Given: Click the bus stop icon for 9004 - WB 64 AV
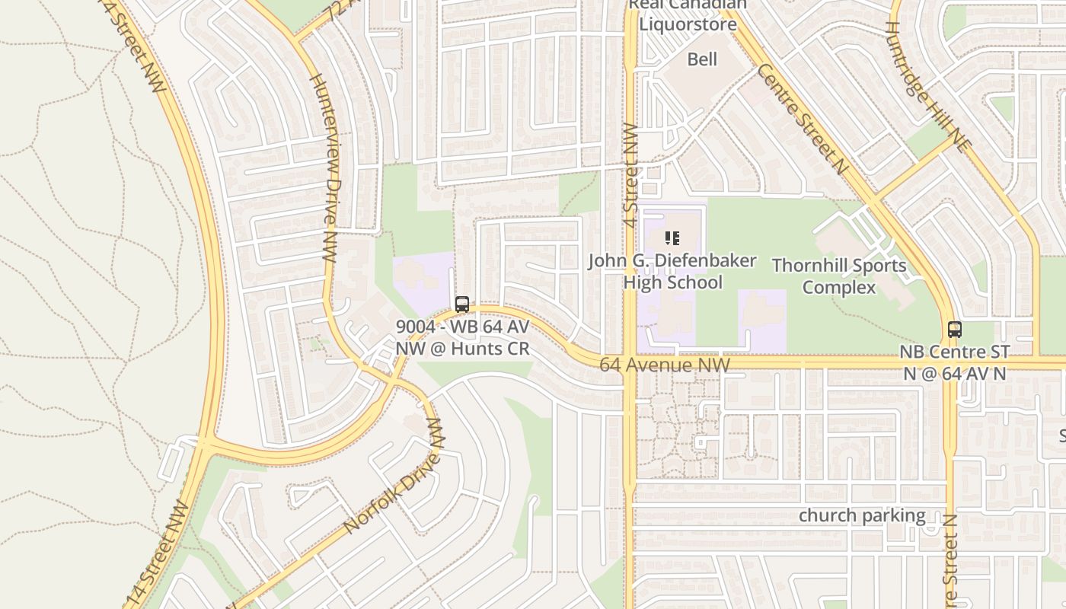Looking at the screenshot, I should coord(462,304).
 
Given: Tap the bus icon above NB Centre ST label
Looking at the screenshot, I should coord(955,330).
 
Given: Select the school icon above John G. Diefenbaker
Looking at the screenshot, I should coord(672,238).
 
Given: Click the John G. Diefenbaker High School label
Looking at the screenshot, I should coord(672,271).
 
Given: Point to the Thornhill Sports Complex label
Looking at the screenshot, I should coord(839,276).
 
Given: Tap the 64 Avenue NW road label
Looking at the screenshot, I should coord(664,365).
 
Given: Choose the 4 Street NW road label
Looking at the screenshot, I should coord(630,169).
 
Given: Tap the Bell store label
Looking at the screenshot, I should coord(702,59).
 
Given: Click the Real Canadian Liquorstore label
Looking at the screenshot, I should coord(688,15).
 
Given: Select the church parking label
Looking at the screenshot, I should coord(862,515).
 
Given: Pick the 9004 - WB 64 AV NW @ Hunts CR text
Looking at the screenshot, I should coord(462,337).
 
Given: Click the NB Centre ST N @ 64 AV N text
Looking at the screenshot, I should coord(954,362).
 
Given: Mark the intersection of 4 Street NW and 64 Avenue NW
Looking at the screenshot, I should coord(630,364).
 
